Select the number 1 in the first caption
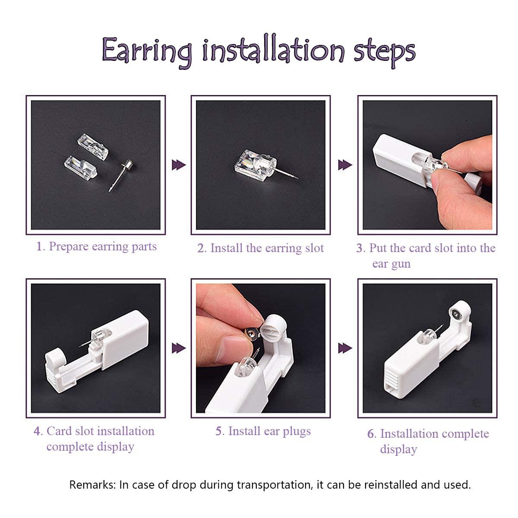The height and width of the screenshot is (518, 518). (x=40, y=247)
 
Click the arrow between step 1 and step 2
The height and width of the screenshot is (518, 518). (x=178, y=165)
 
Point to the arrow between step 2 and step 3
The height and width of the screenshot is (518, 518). (x=345, y=165)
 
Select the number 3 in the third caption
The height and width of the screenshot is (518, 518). (x=360, y=248)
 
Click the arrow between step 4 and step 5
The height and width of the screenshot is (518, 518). (x=178, y=348)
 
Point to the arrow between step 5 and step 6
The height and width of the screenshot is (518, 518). (x=345, y=348)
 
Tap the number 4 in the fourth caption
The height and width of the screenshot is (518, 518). (x=38, y=431)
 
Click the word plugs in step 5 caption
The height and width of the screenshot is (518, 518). (x=295, y=431)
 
